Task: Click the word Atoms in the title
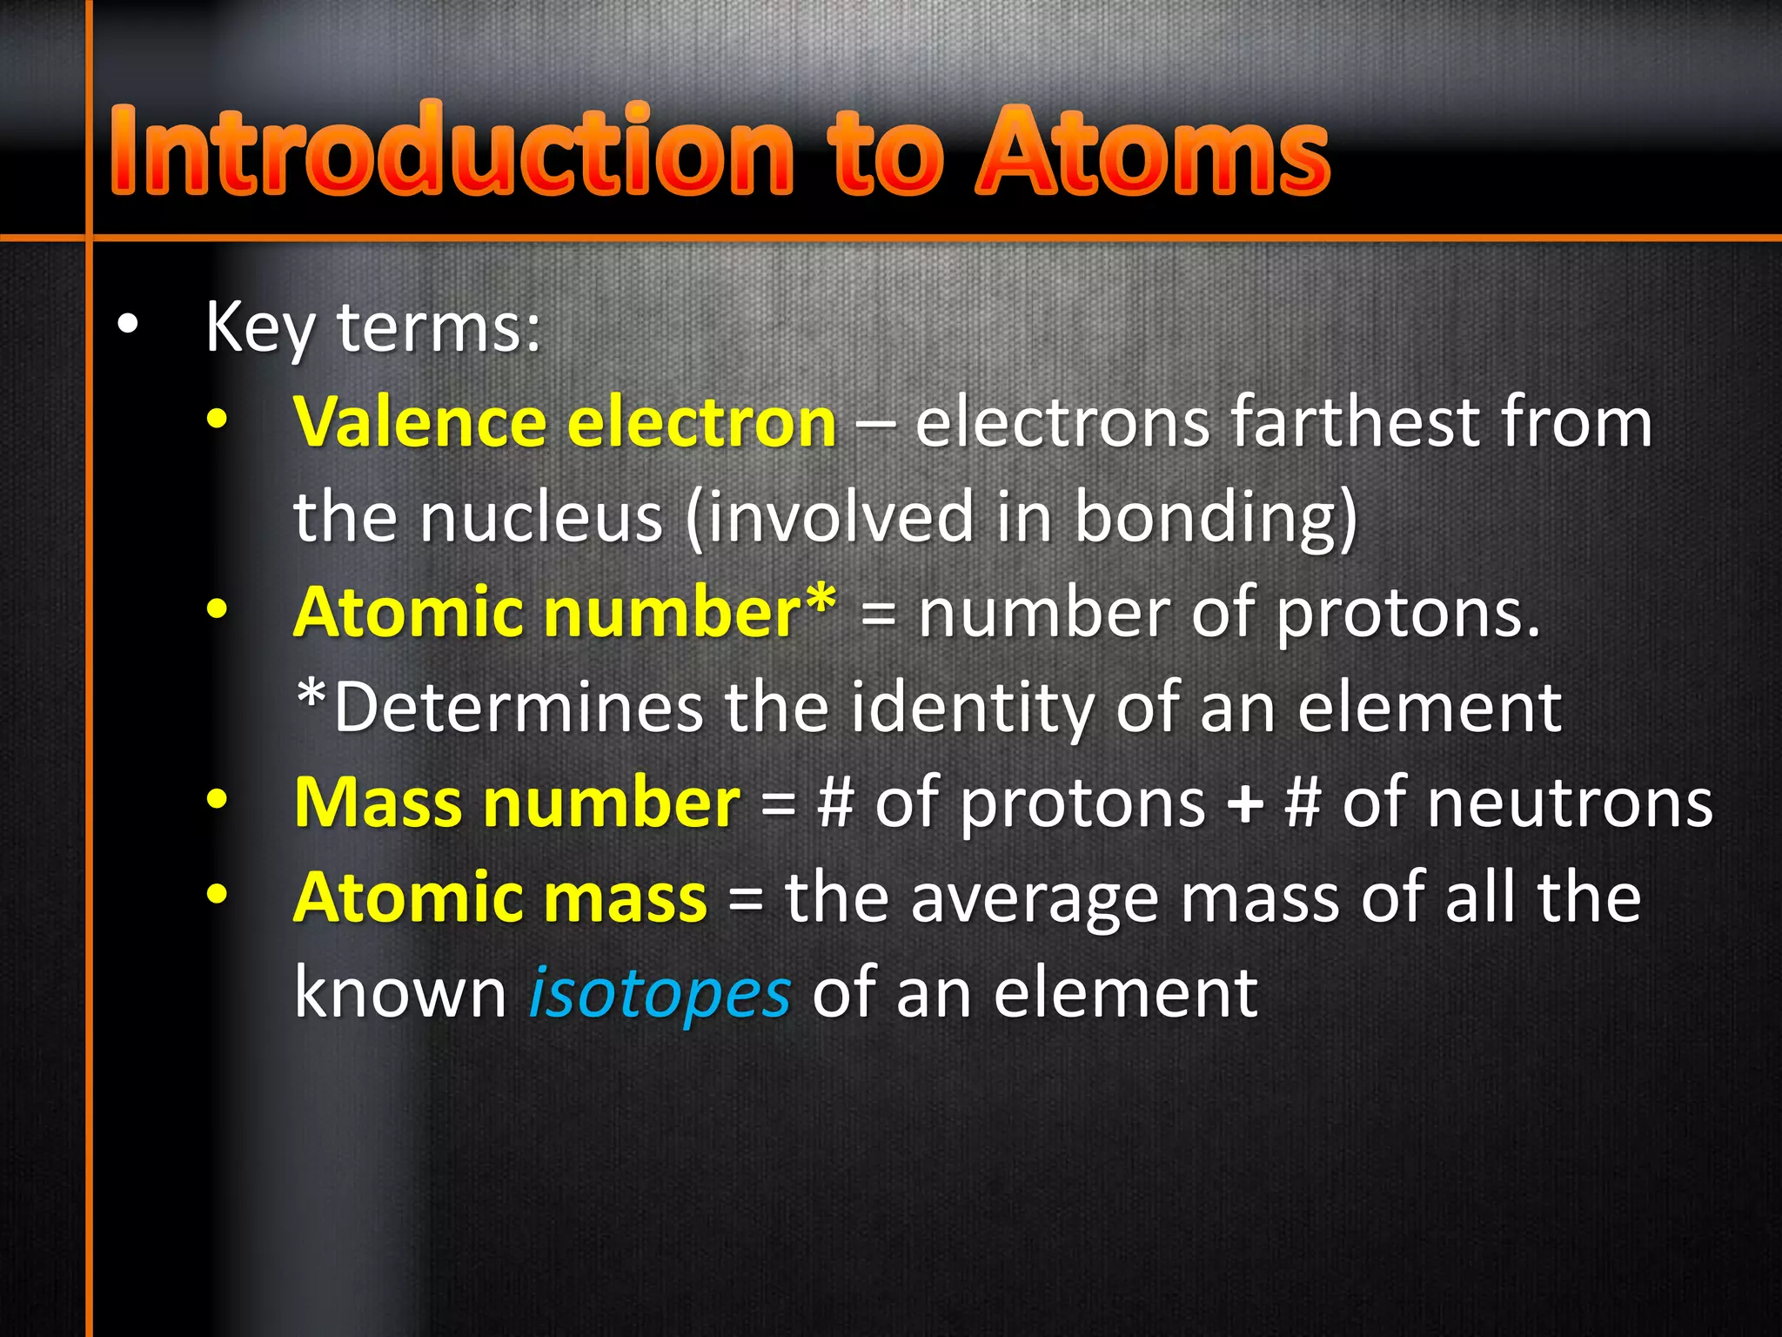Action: pyautogui.click(x=1152, y=150)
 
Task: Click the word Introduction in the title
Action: pyautogui.click(x=452, y=150)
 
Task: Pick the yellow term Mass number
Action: pyautogui.click(x=517, y=803)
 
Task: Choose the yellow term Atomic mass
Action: pyautogui.click(x=500, y=897)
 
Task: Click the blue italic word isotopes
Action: pyautogui.click(x=660, y=992)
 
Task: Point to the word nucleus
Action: pyautogui.click(x=541, y=518)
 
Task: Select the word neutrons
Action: pyautogui.click(x=1527, y=803)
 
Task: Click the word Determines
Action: pyautogui.click(x=519, y=708)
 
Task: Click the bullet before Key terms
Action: pyautogui.click(x=128, y=325)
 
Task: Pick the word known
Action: pyautogui.click(x=401, y=992)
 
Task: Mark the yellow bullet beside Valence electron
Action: pyautogui.click(x=217, y=420)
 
